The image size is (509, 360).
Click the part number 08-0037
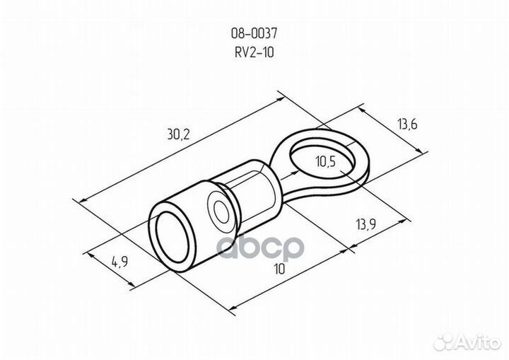pos(255,33)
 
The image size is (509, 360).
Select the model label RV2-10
pos(255,52)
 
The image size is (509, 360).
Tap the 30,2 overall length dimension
pos(178,134)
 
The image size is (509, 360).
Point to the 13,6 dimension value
pos(407,124)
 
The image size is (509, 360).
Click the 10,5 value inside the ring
pos(326,161)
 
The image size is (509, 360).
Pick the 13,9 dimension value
pos(366,224)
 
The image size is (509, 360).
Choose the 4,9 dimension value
pos(119,261)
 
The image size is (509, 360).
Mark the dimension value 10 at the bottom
pos(279,269)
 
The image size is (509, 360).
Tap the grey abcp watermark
pos(259,248)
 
